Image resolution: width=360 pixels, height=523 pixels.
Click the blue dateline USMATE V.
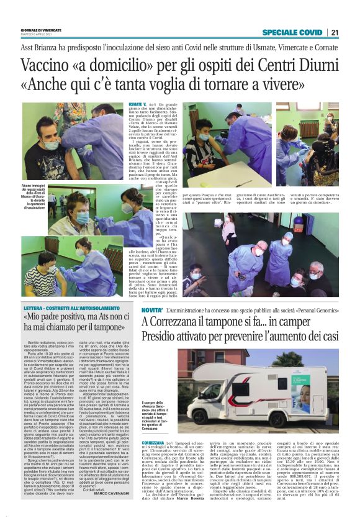pyautogui.click(x=137, y=106)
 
